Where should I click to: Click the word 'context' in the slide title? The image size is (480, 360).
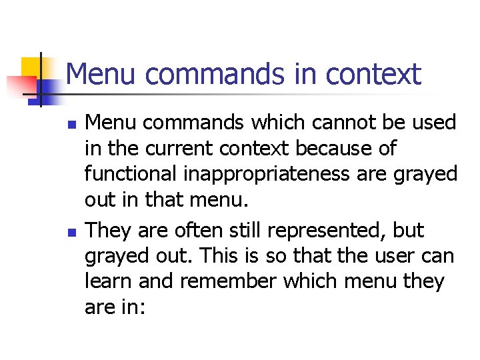coord(373,74)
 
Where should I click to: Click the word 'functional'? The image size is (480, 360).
coord(133,174)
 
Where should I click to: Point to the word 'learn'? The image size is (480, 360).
coord(106,281)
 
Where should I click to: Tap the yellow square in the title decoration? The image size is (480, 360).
coord(33,67)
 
